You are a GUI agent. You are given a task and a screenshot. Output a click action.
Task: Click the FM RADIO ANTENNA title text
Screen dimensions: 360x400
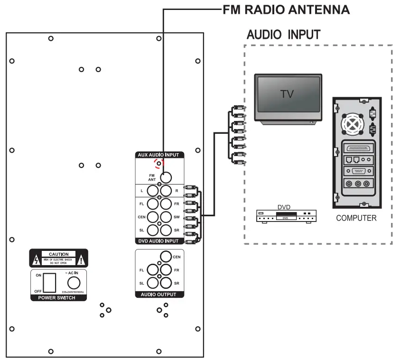point(286,9)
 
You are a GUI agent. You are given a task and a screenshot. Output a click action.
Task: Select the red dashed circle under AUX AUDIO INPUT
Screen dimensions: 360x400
point(158,164)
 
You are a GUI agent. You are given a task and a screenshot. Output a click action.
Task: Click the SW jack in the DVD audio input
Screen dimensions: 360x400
point(165,217)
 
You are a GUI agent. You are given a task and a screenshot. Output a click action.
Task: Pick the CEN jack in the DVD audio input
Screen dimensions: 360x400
point(153,217)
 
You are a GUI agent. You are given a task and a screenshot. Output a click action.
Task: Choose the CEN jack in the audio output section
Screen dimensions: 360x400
point(165,257)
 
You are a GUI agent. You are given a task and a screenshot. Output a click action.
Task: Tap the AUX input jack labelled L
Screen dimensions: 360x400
point(153,191)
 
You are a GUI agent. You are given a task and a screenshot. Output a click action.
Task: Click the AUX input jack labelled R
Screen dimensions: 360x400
point(165,191)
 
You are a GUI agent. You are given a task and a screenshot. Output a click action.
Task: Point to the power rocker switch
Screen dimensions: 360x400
point(50,282)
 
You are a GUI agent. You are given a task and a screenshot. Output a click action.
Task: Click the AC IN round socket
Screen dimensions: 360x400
point(71,283)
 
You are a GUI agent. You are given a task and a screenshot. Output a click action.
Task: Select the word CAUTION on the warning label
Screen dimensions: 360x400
point(59,254)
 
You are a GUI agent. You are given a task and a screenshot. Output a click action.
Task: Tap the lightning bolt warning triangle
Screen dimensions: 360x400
point(37,260)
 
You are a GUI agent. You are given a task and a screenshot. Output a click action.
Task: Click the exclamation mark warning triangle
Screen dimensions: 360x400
point(82,260)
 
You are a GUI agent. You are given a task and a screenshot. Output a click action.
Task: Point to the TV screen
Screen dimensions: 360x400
point(287,95)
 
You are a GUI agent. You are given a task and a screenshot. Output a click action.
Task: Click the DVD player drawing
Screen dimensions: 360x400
point(283,216)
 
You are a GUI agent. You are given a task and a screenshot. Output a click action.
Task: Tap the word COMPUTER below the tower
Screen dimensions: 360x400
point(356,218)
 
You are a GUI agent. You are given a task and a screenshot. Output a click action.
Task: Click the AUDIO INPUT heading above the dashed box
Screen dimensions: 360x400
point(283,35)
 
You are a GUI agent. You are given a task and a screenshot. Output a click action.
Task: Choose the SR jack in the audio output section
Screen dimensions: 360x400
point(165,283)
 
